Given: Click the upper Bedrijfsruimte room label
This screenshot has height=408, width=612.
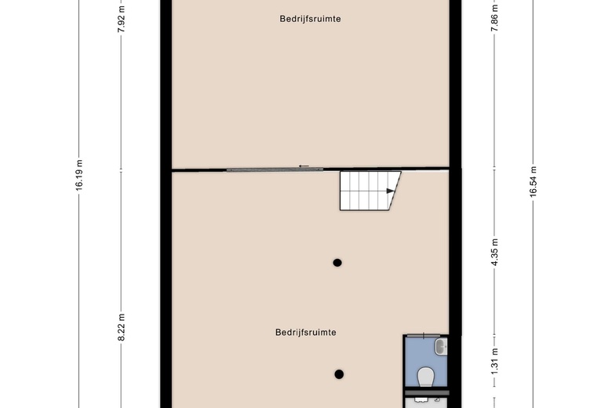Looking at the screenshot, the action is [310, 19].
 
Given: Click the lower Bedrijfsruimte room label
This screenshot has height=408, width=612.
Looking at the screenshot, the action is [306, 332].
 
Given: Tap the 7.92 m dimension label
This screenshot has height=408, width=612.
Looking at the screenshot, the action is [122, 19].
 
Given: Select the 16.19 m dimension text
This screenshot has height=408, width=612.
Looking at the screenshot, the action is [79, 175].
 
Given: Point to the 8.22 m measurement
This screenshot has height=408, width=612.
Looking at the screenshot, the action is [122, 327].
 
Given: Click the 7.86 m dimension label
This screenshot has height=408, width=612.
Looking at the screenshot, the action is [494, 18].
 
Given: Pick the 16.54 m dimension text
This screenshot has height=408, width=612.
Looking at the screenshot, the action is [534, 181].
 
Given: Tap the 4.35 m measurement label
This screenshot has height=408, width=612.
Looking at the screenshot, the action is [494, 252].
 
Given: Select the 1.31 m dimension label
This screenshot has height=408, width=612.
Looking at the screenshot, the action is [494, 361].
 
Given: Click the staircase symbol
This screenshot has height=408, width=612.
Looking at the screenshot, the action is [370, 191].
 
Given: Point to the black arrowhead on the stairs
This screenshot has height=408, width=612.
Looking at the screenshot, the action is [390, 191].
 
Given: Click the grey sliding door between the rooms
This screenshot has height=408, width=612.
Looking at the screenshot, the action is [275, 169].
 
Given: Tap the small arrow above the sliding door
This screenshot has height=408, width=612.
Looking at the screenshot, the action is [304, 166].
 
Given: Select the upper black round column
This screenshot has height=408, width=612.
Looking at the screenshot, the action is [337, 263].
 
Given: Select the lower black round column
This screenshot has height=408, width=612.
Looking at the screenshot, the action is [339, 374].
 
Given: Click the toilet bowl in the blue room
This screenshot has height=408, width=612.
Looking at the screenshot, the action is [426, 377].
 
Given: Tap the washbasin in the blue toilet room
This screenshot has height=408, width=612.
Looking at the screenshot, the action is [442, 347].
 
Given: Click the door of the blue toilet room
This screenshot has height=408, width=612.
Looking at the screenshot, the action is [424, 334].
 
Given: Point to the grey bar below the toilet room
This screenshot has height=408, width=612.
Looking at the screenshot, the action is [427, 393].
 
